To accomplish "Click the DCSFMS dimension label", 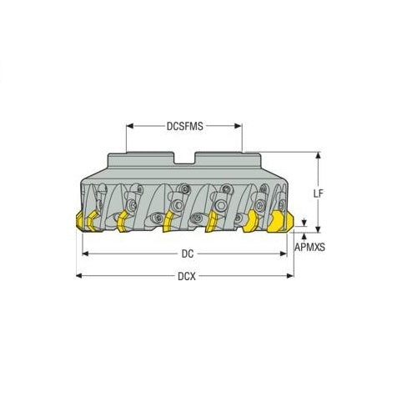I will pyautogui.click(x=183, y=127).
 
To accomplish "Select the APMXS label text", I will pyautogui.click(x=310, y=248).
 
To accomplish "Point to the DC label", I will pyautogui.click(x=184, y=254).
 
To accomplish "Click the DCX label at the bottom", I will pyautogui.click(x=184, y=275).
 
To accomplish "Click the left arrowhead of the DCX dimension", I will pyautogui.click(x=79, y=275).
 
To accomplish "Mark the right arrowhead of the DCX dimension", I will pyautogui.click(x=291, y=275).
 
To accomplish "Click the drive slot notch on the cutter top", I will pyautogui.click(x=184, y=158).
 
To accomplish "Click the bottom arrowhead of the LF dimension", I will pyautogui.click(x=318, y=229).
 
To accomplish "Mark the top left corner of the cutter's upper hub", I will pyautogui.click(x=109, y=153).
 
